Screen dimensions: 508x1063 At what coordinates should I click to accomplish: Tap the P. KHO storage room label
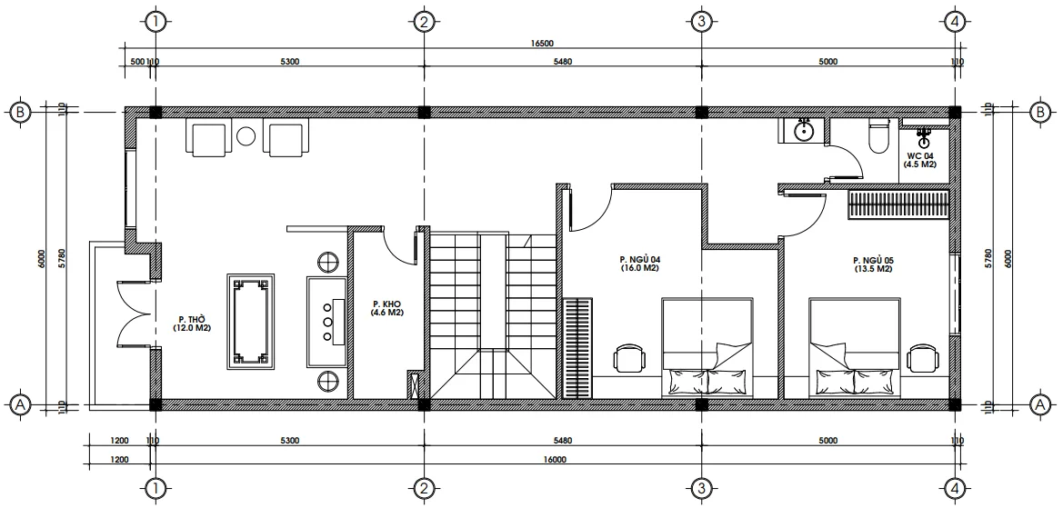pyautogui.click(x=386, y=304)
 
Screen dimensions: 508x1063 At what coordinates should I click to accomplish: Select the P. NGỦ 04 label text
pyautogui.click(x=639, y=259)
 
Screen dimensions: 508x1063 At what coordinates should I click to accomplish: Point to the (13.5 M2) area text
pyautogui.click(x=872, y=269)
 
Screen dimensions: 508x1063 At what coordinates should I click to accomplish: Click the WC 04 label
pyautogui.click(x=920, y=155)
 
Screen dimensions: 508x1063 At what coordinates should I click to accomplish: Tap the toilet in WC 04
pyautogui.click(x=878, y=135)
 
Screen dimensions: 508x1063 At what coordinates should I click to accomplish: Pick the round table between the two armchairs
pyautogui.click(x=246, y=137)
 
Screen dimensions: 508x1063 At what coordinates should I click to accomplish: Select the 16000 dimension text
pyautogui.click(x=555, y=459)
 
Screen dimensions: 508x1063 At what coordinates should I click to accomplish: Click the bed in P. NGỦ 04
pyautogui.click(x=707, y=347)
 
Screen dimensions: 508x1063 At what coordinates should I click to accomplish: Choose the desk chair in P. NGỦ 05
pyautogui.click(x=923, y=358)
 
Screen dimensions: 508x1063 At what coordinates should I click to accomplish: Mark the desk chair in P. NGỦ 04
pyautogui.click(x=628, y=358)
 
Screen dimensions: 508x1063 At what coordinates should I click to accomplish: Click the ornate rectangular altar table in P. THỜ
pyautogui.click(x=250, y=324)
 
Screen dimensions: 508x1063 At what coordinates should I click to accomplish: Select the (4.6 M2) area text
pyautogui.click(x=386, y=314)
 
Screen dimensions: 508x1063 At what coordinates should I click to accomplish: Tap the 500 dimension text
pyautogui.click(x=136, y=62)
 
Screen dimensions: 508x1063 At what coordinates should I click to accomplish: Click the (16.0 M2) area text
pyautogui.click(x=639, y=269)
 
